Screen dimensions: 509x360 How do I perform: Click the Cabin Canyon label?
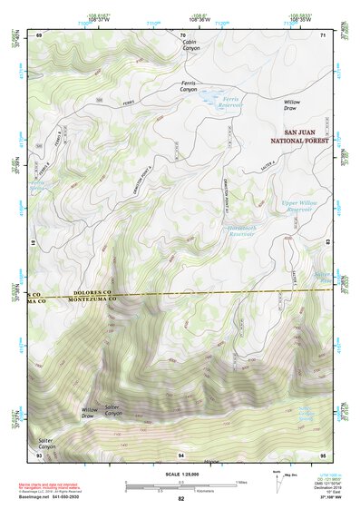190,45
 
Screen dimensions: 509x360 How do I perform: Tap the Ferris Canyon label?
183,86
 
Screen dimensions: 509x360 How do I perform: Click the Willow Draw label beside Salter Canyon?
89,413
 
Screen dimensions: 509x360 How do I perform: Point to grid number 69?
39,34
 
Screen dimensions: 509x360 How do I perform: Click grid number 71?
323,34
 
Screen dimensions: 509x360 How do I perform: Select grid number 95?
323,454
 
